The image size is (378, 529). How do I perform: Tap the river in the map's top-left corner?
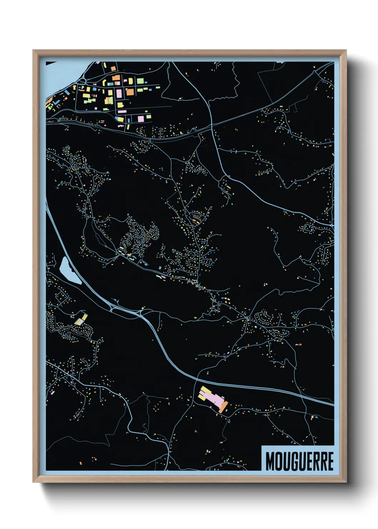[59, 77]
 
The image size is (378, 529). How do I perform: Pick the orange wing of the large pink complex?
[223, 407]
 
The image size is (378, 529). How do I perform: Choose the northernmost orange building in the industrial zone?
[113, 68]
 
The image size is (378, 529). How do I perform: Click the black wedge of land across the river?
[51, 63]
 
